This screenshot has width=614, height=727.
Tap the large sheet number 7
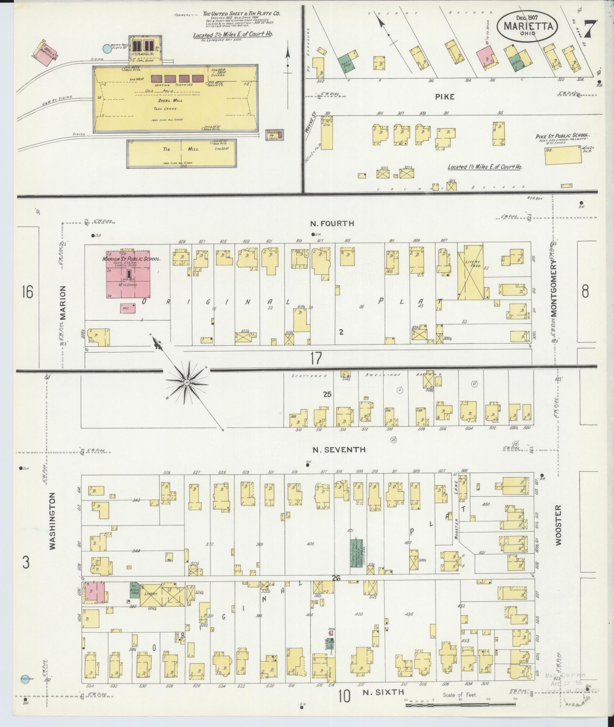[591, 29]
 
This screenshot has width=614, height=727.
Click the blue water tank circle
[107, 48]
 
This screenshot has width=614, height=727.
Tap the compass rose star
[186, 383]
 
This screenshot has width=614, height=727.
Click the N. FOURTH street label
[332, 223]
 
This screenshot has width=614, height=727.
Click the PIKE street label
[445, 97]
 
